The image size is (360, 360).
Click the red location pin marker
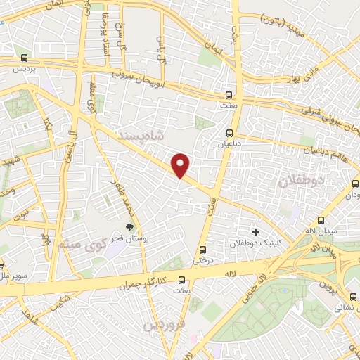[181, 166]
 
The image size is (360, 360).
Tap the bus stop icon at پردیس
[25, 58]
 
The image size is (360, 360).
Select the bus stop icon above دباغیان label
[230, 133]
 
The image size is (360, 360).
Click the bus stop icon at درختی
[203, 249]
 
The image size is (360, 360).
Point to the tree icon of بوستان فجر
[129, 226]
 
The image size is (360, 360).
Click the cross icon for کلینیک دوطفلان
[255, 231]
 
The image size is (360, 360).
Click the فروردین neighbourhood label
[164, 326]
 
